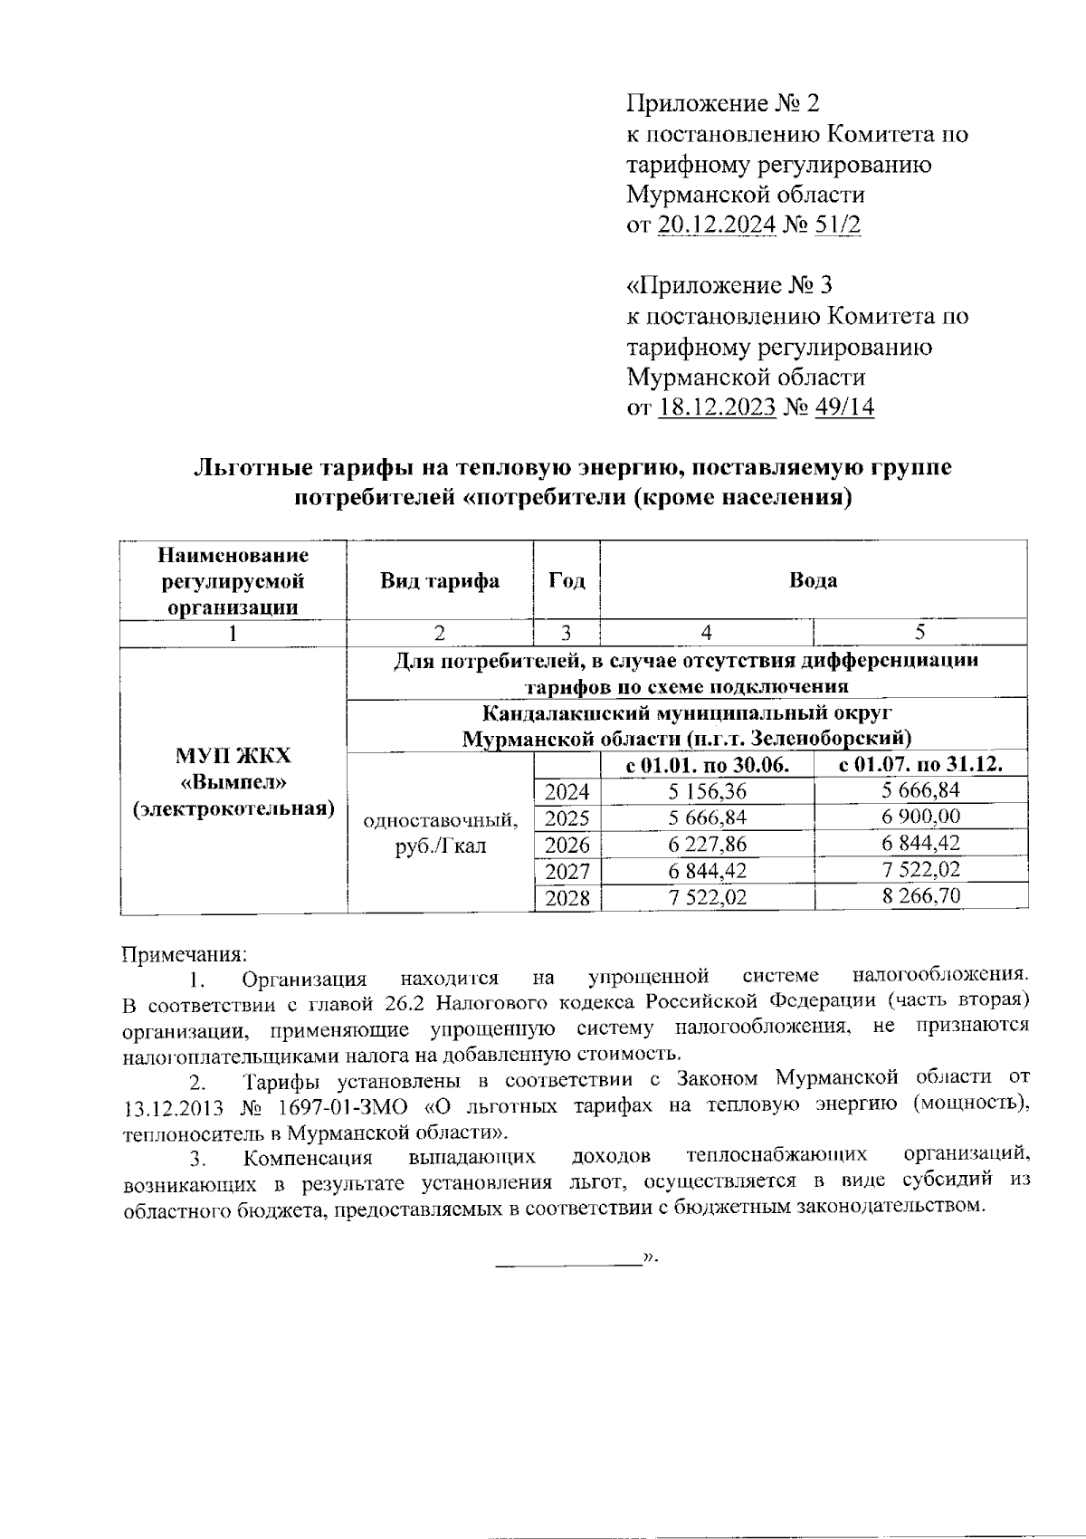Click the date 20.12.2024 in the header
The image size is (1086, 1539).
[x=717, y=225]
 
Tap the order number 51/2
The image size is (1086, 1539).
[x=838, y=225]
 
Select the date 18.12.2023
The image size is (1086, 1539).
[x=717, y=407]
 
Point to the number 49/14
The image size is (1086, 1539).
[x=844, y=407]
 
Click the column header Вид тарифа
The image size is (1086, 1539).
[x=440, y=580]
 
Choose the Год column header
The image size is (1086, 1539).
[x=567, y=580]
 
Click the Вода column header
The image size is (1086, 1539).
[x=813, y=580]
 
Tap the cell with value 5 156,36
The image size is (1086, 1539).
[x=707, y=792]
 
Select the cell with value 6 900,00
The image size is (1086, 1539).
[x=920, y=817]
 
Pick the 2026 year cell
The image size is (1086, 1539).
[x=567, y=845]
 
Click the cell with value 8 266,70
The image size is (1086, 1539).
[x=920, y=896]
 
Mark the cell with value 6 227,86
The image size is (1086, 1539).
[x=707, y=845]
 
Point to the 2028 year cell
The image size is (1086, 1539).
[x=567, y=897]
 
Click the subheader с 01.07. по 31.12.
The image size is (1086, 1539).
[x=920, y=765]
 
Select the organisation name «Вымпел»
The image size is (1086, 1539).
[x=233, y=782]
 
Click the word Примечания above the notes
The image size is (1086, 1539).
[x=184, y=954]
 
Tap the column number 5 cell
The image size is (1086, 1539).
[x=920, y=632]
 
